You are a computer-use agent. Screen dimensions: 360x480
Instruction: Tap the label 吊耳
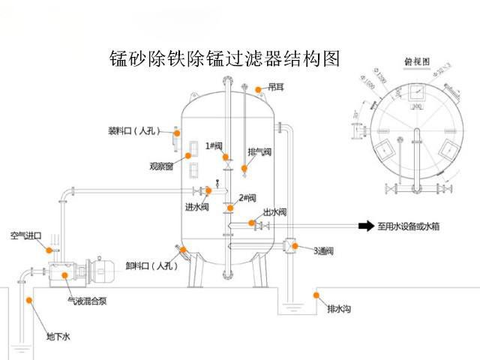point(276,88)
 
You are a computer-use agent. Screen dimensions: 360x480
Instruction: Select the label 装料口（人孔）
point(136,131)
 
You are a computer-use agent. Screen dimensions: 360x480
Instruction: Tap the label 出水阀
point(275,212)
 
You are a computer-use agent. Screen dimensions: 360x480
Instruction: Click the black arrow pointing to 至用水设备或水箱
point(365,225)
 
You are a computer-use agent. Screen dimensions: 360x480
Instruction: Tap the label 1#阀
point(214,146)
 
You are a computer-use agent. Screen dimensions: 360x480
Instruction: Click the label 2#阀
point(248,198)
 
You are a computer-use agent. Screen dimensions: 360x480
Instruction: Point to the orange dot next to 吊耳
point(258,89)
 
